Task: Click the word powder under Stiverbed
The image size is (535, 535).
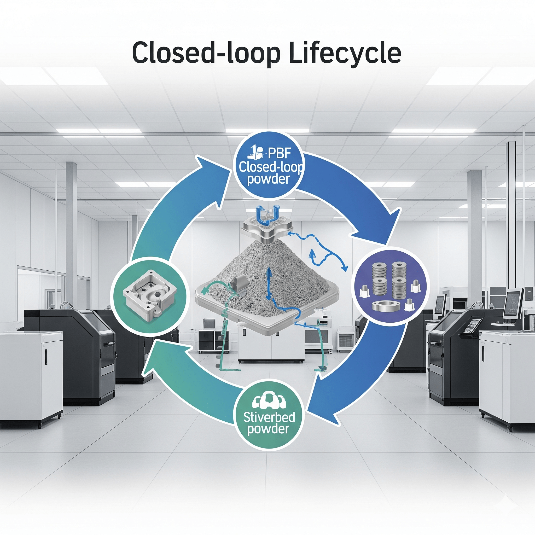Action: (268, 429)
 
